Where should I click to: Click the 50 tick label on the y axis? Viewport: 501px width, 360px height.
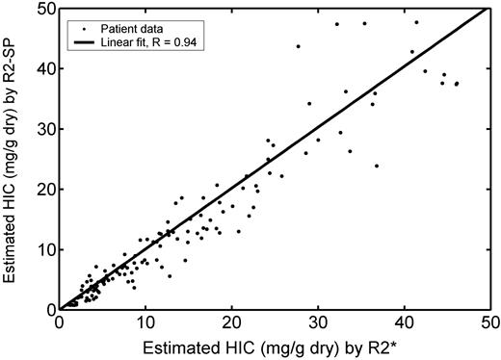pyautogui.click(x=44, y=9)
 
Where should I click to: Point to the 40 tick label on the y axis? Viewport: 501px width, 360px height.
pyautogui.click(x=44, y=68)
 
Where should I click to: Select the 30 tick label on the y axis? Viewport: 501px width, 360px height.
pyautogui.click(x=44, y=129)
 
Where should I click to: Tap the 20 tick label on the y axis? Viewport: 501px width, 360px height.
pyautogui.click(x=44, y=190)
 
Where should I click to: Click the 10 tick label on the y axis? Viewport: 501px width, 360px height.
pyautogui.click(x=44, y=249)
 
